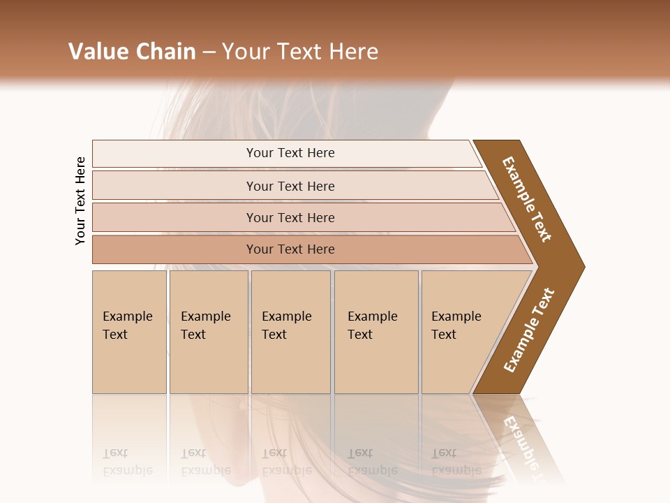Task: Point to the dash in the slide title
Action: click(209, 52)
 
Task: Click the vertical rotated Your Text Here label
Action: click(80, 201)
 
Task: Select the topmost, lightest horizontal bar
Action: click(290, 153)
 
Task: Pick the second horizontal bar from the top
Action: click(290, 186)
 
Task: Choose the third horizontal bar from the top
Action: click(290, 217)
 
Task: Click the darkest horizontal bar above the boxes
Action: click(290, 249)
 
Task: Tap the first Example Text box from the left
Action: click(129, 332)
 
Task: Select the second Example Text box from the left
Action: click(209, 332)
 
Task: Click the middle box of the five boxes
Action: click(290, 332)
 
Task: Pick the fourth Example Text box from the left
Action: click(376, 332)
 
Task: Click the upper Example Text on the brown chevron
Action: click(527, 199)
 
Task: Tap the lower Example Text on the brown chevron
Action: click(529, 330)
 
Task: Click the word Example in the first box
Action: click(127, 316)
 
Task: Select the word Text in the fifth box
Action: click(444, 335)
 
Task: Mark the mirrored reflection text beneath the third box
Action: click(286, 462)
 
